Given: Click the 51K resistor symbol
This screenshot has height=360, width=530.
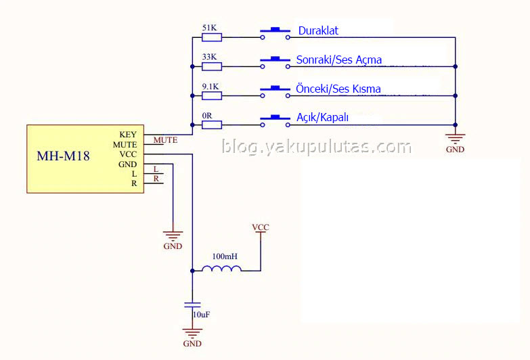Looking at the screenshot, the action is tap(212, 37).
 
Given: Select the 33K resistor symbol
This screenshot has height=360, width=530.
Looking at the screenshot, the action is tap(212, 66).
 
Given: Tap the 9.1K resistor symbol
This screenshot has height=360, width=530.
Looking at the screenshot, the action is tap(212, 96).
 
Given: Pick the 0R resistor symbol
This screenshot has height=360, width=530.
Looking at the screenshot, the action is tap(212, 125).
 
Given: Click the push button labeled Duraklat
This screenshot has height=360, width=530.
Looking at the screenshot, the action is tap(275, 34).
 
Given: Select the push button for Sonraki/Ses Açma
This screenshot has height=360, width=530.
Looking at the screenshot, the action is tap(275, 63).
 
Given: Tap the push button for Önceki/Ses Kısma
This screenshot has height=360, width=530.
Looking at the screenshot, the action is tap(275, 92).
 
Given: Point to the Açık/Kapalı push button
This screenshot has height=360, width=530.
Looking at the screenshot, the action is tap(275, 121).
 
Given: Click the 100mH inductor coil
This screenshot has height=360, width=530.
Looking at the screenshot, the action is tap(222, 269).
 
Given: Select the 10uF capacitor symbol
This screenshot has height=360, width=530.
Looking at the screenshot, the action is tap(192, 305).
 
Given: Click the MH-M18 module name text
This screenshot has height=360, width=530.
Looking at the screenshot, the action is tap(63, 156).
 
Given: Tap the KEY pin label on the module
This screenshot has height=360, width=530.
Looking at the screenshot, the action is tap(128, 135).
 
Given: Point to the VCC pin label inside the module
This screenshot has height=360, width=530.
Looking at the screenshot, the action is tap(128, 154).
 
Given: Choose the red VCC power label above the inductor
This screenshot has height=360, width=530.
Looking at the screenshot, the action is tap(261, 227).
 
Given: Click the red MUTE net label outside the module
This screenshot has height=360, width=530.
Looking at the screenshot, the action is tap(166, 140).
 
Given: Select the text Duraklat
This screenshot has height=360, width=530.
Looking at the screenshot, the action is tap(318, 30).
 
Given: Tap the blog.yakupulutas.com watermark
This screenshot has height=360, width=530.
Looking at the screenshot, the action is tap(317, 147).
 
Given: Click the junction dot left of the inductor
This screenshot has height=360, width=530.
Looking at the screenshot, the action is tap(192, 271).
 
